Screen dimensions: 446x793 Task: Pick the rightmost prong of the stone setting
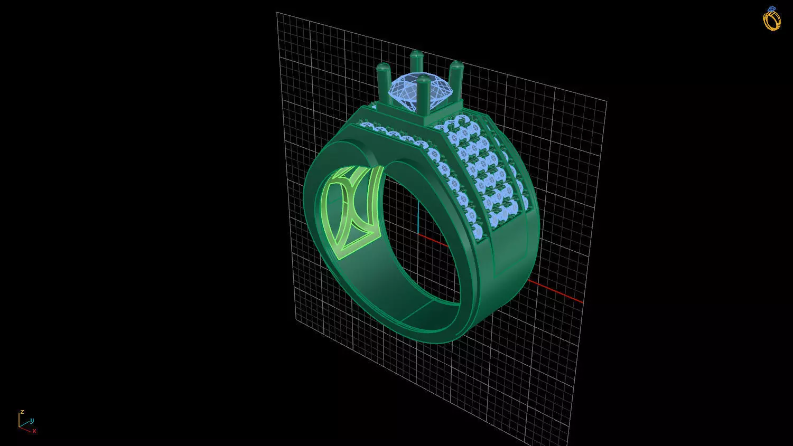[456, 79]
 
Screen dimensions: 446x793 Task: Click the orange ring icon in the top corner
[771, 19]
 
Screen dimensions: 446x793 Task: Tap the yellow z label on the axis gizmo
[22, 412]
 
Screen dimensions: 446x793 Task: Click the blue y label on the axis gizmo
[32, 421]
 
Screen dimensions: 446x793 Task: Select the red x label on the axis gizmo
[34, 431]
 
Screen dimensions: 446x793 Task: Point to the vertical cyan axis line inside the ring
[418, 216]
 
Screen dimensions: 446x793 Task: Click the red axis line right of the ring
[555, 291]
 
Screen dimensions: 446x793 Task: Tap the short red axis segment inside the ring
[433, 240]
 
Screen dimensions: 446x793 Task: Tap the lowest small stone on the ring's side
[478, 231]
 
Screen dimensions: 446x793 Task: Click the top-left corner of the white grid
[277, 13]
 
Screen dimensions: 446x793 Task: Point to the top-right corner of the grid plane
[606, 101]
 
